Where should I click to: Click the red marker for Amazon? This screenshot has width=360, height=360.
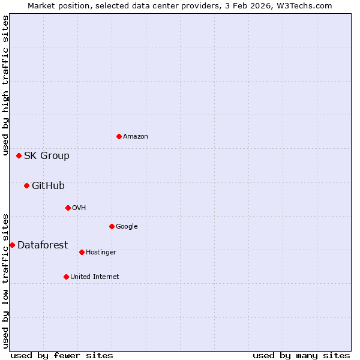(119, 136)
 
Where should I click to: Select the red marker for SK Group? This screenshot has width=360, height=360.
(19, 155)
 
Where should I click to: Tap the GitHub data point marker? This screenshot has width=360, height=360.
(26, 185)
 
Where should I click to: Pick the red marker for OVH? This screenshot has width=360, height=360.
(68, 208)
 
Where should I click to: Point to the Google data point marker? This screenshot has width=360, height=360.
(112, 226)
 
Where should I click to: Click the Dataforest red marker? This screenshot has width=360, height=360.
(12, 245)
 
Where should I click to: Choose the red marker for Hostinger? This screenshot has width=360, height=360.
(82, 252)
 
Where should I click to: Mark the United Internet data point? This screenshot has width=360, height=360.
(66, 277)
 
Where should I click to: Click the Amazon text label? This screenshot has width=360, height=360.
(136, 136)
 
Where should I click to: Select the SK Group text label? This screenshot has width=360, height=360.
(47, 155)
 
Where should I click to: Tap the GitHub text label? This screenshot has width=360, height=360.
(48, 185)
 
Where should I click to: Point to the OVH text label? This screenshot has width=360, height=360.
(79, 208)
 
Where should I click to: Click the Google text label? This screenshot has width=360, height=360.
(127, 226)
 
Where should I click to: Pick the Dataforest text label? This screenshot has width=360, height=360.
(43, 245)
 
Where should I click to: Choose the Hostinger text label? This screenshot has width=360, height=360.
(101, 252)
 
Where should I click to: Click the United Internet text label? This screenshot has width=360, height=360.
(95, 277)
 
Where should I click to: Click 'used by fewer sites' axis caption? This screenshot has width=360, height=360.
(62, 355)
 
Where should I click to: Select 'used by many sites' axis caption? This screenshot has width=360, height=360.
(301, 355)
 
